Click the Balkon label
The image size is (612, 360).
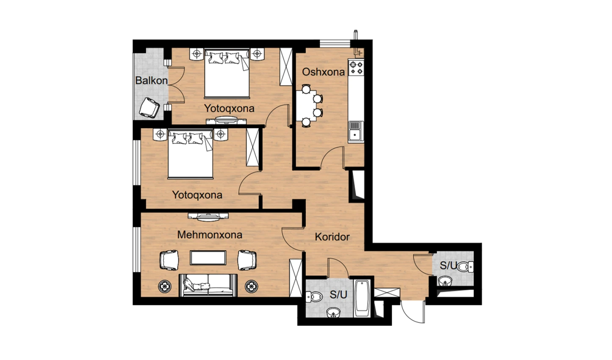(151, 80)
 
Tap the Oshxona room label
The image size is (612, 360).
(324, 72)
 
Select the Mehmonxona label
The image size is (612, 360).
(210, 235)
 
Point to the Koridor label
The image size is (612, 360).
(332, 237)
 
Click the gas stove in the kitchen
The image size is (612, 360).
(356, 67)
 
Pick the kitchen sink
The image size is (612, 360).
(356, 132)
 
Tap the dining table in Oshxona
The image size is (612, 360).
(306, 105)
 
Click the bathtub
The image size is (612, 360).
(362, 298)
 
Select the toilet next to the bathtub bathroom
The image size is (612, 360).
(314, 296)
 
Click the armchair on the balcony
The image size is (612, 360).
(149, 108)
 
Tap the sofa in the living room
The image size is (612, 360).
(208, 285)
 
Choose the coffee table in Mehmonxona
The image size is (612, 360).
(208, 258)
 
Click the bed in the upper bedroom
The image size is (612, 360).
(227, 73)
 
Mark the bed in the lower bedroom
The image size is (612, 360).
(191, 154)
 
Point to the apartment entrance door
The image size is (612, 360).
(413, 312)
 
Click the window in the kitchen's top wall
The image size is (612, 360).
(335, 44)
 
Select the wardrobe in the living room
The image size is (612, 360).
(296, 278)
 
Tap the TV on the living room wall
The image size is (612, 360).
(208, 216)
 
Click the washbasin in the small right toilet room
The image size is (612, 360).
(445, 281)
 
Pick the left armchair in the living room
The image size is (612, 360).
(169, 260)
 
